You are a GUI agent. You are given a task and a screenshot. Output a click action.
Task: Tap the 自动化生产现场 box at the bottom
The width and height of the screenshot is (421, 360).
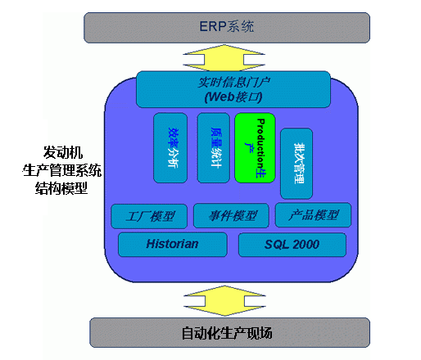click(226, 332)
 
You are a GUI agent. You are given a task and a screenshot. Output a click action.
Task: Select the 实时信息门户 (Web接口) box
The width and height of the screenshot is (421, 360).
click(233, 88)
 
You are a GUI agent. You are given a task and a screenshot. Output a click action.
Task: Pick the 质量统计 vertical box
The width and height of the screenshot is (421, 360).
click(214, 147)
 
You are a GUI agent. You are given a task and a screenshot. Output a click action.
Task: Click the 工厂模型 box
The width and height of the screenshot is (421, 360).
click(150, 216)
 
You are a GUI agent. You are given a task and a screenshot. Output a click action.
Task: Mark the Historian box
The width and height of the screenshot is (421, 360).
click(172, 244)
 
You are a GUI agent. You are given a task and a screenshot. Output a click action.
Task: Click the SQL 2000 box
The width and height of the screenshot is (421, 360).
click(292, 244)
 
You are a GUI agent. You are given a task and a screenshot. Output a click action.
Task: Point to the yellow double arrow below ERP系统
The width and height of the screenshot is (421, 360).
click(227, 56)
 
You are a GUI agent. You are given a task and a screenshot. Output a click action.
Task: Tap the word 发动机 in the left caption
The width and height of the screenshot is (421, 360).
click(62, 153)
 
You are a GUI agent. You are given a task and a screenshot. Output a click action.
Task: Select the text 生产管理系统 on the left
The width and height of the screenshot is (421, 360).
click(62, 170)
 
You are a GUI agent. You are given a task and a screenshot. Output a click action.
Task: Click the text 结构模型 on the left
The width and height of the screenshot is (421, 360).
click(62, 187)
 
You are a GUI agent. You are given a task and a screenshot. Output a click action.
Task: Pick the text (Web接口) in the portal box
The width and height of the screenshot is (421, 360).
click(233, 97)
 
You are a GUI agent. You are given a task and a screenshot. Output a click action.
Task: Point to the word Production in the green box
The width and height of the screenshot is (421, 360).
click(260, 139)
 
